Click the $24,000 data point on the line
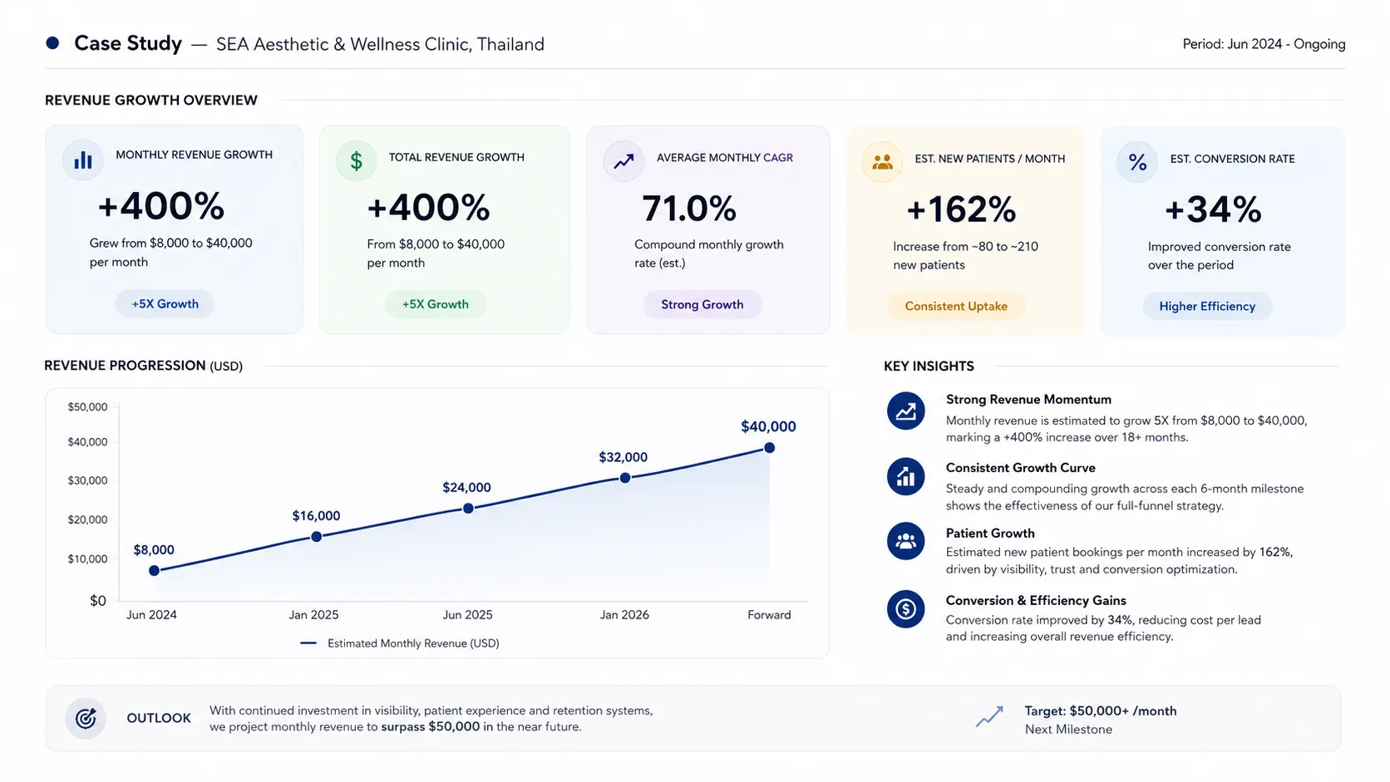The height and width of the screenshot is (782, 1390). [x=469, y=509]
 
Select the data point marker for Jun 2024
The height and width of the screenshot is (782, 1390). [x=154, y=571]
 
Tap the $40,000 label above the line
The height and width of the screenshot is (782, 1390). [x=768, y=426]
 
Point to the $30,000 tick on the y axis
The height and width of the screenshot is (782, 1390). [x=87, y=480]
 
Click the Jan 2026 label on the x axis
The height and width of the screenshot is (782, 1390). [x=624, y=615]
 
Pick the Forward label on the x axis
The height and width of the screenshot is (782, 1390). [x=769, y=615]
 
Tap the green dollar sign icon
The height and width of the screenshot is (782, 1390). [x=356, y=161]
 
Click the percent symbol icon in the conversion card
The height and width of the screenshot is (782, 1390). [x=1137, y=163]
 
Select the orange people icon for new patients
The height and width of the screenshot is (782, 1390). [x=882, y=163]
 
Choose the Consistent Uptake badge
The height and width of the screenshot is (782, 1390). [x=956, y=307]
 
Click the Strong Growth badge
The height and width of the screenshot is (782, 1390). [x=702, y=304]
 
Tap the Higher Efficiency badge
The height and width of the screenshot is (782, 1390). [x=1207, y=307]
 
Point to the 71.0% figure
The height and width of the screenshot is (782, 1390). [x=689, y=209]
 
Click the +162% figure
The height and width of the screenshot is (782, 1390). [x=961, y=209]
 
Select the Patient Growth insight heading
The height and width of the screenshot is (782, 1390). [x=990, y=534]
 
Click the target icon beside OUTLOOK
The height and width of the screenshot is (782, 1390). [x=86, y=718]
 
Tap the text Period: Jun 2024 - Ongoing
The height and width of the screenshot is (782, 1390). [x=1264, y=44]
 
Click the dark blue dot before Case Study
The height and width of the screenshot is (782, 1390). [x=52, y=42]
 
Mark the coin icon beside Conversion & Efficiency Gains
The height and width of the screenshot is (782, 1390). [x=905, y=609]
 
